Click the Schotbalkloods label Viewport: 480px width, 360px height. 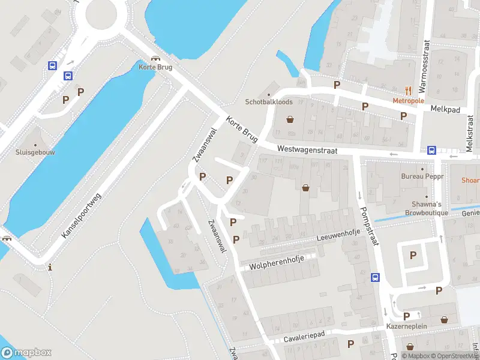(268, 102)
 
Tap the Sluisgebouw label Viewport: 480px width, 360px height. (35, 152)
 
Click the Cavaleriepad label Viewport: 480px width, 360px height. (304, 338)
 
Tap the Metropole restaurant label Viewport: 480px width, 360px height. (408, 101)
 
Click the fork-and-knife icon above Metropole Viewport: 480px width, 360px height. (409, 91)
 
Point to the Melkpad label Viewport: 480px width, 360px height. (444, 109)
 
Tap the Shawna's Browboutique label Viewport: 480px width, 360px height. (427, 208)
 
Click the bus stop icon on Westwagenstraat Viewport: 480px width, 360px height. (431, 151)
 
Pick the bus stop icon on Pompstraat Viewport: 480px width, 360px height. (375, 277)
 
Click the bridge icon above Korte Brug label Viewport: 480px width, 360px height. (156, 58)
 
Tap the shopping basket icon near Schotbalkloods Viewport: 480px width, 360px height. (291, 119)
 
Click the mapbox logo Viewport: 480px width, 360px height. (26, 353)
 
